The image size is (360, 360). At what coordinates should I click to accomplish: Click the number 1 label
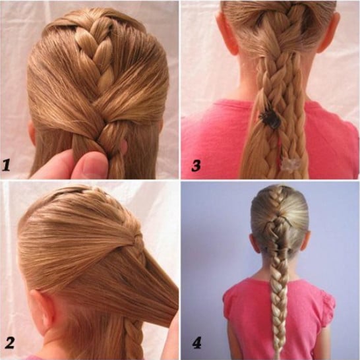7,165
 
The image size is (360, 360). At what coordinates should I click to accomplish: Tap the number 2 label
9,343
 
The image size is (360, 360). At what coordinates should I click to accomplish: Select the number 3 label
196,165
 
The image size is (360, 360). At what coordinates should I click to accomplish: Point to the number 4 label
196,343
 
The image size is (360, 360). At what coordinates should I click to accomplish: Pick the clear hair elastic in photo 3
291,165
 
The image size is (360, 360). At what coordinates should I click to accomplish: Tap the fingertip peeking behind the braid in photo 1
124,147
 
